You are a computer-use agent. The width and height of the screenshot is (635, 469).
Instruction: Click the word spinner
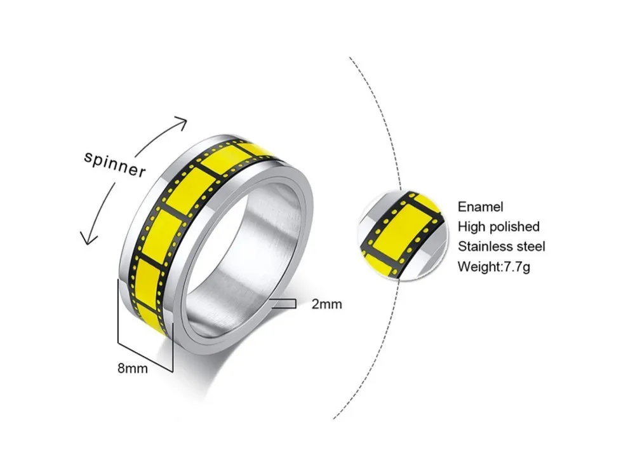(x=115, y=163)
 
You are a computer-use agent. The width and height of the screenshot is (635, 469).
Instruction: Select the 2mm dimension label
(x=326, y=304)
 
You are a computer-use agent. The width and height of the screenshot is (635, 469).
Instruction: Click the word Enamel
(x=480, y=207)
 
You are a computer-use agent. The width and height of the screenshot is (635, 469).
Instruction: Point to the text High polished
(x=498, y=226)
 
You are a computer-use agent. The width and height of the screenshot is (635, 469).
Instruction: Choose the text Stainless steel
(x=501, y=246)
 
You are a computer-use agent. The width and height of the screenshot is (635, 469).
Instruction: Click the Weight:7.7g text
(x=494, y=266)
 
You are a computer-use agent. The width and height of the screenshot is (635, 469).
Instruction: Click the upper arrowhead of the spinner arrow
(x=182, y=121)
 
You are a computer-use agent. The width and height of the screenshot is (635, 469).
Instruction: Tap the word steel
(x=529, y=246)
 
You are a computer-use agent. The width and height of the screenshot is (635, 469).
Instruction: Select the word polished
(x=515, y=226)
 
